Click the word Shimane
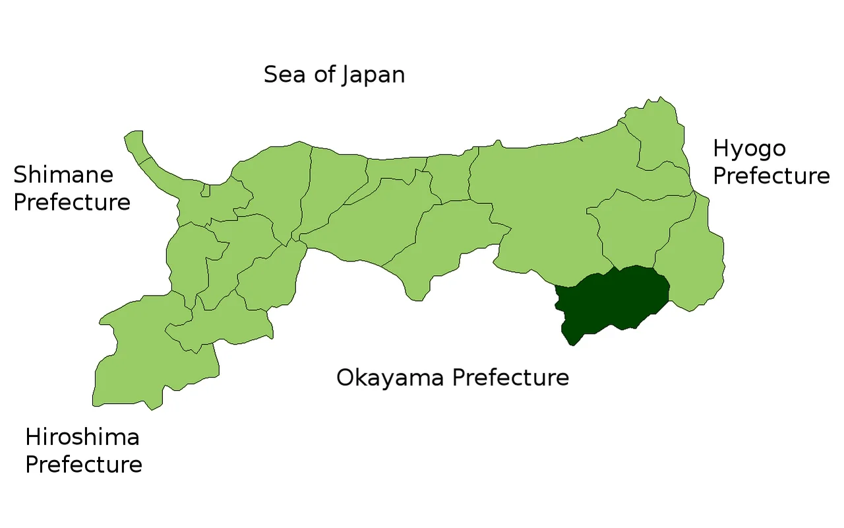[63, 175]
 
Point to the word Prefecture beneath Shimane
[72, 202]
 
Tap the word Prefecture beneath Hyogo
[771, 176]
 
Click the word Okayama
[393, 378]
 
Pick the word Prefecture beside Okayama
[510, 378]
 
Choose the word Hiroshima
[82, 437]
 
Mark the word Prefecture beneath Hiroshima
[84, 464]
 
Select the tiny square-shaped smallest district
[205, 191]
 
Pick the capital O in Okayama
[346, 378]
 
